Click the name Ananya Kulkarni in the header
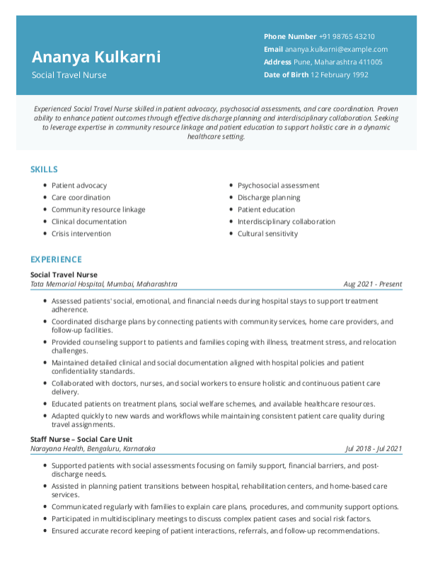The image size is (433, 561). (x=96, y=57)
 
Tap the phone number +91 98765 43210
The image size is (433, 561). (x=347, y=37)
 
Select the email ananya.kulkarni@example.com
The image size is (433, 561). (x=336, y=50)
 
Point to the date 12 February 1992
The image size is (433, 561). (x=340, y=75)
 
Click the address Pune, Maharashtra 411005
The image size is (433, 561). (x=338, y=62)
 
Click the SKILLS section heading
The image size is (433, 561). (x=44, y=170)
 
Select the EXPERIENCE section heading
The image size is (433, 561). (x=56, y=260)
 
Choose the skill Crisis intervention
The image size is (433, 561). (x=81, y=234)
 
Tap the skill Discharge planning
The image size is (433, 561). (x=269, y=198)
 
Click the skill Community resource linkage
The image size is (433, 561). (x=98, y=210)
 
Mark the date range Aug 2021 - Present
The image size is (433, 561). (x=373, y=284)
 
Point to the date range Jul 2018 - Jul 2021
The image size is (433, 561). (x=374, y=448)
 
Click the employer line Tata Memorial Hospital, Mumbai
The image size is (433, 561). (x=104, y=284)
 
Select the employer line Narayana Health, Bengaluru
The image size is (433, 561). (x=93, y=448)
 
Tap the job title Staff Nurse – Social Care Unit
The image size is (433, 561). (x=81, y=439)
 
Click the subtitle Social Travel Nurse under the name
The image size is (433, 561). (x=69, y=75)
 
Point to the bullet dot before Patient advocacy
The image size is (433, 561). (x=45, y=186)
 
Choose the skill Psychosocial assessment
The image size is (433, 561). (x=279, y=186)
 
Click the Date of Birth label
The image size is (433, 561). (x=286, y=75)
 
